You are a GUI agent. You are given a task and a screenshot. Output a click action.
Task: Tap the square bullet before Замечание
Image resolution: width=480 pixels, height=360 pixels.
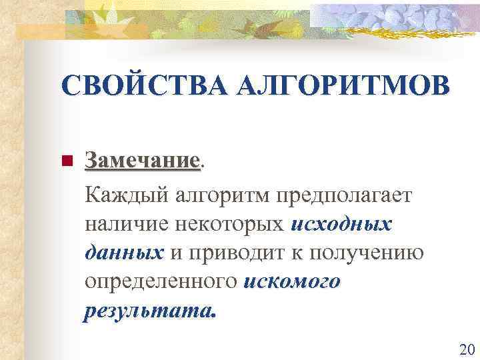65,161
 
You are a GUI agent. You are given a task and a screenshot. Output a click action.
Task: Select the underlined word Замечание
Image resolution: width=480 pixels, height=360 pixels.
142,161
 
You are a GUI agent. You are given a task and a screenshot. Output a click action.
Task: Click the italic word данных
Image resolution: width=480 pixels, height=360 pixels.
125,253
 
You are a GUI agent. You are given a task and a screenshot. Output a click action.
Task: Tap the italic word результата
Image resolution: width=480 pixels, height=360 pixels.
150,311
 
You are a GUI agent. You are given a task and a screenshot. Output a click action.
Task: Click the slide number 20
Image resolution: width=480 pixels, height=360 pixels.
466,349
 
